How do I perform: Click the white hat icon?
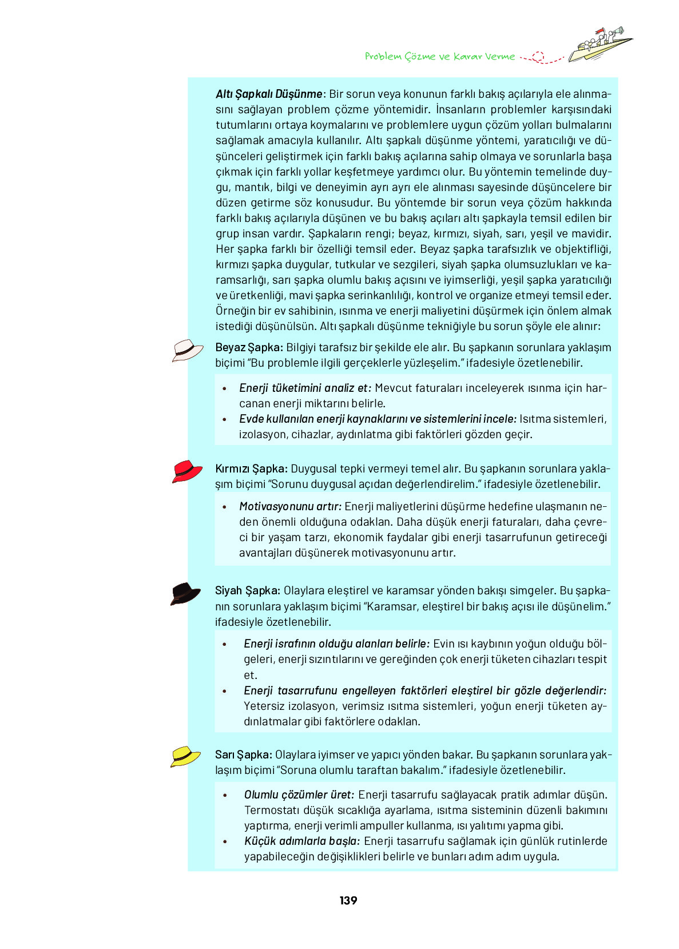coord(187,350)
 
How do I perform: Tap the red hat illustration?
coord(187,471)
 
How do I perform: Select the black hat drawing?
coord(185,593)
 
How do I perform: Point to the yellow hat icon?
coord(185,756)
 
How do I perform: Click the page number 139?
coord(348,900)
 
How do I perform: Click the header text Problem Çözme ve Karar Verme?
coord(439,57)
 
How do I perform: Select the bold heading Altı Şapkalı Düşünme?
coord(269,94)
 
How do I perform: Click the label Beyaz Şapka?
coord(249,347)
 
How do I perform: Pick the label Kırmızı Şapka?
coord(251,468)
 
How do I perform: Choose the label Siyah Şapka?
coord(247,590)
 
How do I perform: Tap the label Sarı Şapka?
coord(244,755)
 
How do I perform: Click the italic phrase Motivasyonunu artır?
coord(290,506)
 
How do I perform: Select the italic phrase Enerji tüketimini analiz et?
coord(305,388)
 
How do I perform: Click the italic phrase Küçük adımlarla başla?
coord(302,841)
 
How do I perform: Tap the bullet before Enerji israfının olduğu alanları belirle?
coord(225,644)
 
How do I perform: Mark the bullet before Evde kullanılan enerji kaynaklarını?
coord(225,419)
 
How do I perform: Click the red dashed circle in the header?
coord(538,57)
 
